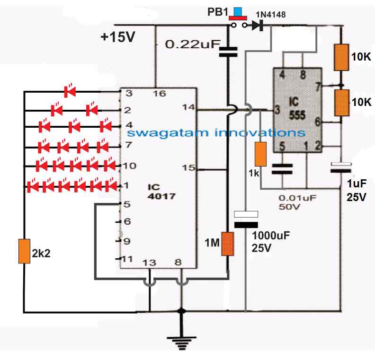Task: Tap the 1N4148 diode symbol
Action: [x=258, y=26]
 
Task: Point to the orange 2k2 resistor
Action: [x=24, y=251]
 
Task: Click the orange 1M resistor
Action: [x=228, y=244]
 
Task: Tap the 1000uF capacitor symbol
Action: [x=246, y=220]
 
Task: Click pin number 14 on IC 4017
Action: [x=188, y=107]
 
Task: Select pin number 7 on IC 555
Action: [x=318, y=86]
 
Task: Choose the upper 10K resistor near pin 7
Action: [x=341, y=57]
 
